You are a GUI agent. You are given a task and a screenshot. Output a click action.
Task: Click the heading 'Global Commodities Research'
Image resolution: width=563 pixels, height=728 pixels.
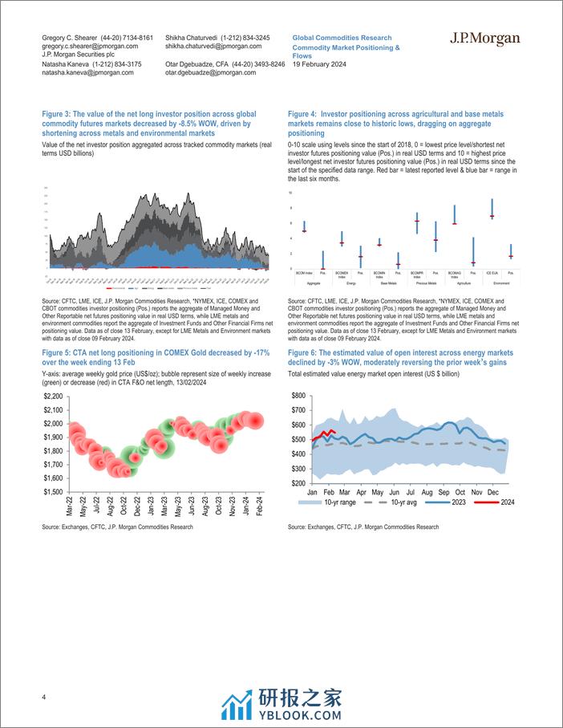click(x=342, y=38)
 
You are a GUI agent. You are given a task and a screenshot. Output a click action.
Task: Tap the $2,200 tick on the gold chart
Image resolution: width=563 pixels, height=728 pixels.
click(x=53, y=397)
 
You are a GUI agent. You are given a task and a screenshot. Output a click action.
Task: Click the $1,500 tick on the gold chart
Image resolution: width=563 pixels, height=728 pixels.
click(x=53, y=492)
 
